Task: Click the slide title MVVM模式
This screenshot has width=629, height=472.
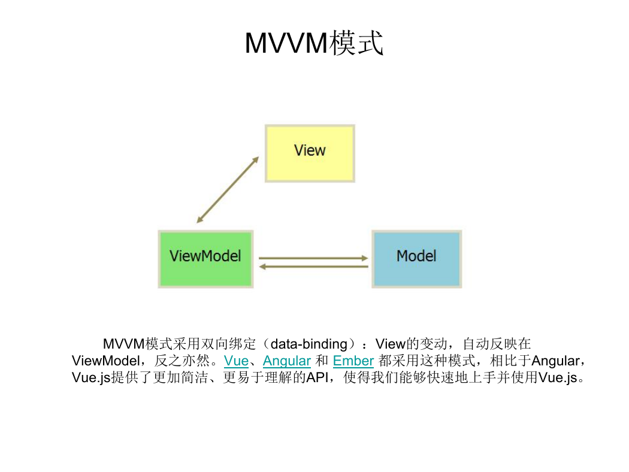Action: click(314, 43)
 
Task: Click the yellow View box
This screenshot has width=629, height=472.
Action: click(310, 153)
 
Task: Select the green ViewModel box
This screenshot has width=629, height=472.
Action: click(205, 259)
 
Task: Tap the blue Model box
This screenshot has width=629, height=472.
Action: click(417, 259)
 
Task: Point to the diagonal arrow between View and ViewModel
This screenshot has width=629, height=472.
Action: click(228, 190)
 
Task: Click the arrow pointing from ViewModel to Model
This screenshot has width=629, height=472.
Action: click(313, 258)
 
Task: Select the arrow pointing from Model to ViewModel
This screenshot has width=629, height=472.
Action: click(313, 267)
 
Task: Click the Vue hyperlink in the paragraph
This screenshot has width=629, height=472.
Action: click(236, 361)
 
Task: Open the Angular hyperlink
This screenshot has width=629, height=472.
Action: click(287, 361)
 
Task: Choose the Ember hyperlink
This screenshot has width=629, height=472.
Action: click(353, 361)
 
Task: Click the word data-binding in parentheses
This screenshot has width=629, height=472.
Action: click(309, 344)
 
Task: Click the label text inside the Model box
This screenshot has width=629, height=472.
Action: click(416, 256)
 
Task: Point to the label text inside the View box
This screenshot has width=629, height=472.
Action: click(310, 150)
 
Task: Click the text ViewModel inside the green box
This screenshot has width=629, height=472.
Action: click(205, 256)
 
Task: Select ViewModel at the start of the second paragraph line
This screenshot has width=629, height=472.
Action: click(106, 361)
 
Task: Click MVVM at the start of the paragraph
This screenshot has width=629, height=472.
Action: click(123, 344)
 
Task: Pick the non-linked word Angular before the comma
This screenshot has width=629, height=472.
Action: click(555, 361)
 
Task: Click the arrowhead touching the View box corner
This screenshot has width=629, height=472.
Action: click(256, 160)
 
